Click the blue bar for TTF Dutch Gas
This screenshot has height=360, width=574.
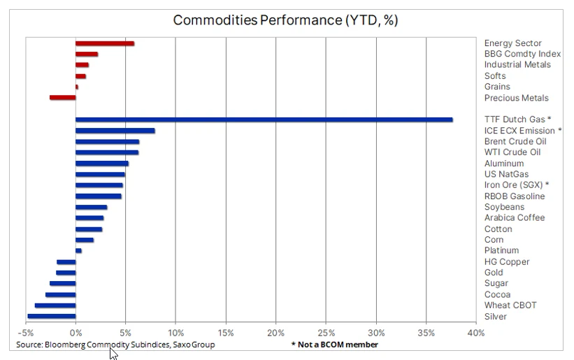pyautogui.click(x=264, y=120)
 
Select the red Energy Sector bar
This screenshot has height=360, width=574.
pyautogui.click(x=105, y=43)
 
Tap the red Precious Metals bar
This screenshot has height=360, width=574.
pyautogui.click(x=63, y=98)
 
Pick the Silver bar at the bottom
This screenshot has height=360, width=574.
pyautogui.click(x=52, y=317)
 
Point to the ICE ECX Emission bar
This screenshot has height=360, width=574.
pyautogui.click(x=115, y=131)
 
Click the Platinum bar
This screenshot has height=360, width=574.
pyautogui.click(x=78, y=251)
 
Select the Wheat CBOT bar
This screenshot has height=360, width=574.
pyautogui.click(x=55, y=305)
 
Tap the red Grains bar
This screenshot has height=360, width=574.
pyautogui.click(x=76, y=87)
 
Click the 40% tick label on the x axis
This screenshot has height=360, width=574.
pyautogui.click(x=476, y=333)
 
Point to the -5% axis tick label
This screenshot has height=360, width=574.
pyautogui.click(x=26, y=333)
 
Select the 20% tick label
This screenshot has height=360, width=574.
pyautogui.click(x=275, y=333)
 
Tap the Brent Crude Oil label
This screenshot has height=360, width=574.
pyautogui.click(x=515, y=142)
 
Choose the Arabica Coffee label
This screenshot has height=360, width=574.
pyautogui.click(x=515, y=217)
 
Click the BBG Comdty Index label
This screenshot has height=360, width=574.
pyautogui.click(x=522, y=54)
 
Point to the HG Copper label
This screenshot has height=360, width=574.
pyautogui.click(x=507, y=262)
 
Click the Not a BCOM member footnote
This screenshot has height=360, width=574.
pyautogui.click(x=335, y=345)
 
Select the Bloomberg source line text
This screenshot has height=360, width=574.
pyautogui.click(x=115, y=345)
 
